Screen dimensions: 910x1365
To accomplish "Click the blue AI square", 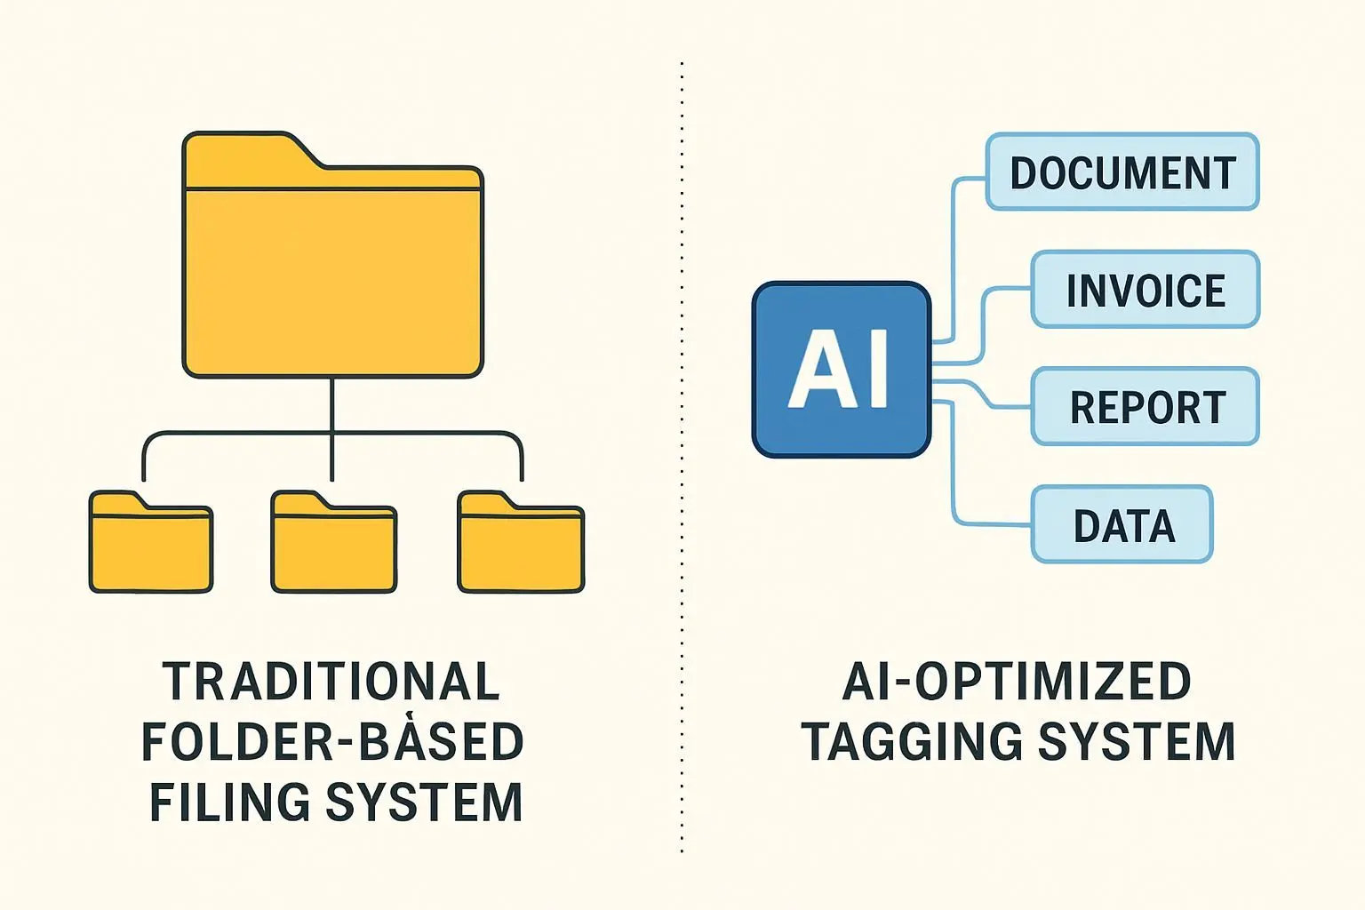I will tap(841, 370).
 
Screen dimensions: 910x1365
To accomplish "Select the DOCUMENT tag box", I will tap(1122, 172).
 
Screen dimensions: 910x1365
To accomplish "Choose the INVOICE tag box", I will tap(1145, 290).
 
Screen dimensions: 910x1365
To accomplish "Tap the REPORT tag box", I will tap(1145, 407).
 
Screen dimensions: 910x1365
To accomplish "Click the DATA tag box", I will tap(1122, 525).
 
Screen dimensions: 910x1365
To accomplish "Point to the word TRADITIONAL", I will tap(331, 682).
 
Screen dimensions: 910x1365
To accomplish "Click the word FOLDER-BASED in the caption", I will tap(332, 742).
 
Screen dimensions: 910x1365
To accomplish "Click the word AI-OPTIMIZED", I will tap(1017, 682).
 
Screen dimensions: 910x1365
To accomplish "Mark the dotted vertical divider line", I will tap(682, 444).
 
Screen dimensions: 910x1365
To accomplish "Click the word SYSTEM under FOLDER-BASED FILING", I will tap(424, 802).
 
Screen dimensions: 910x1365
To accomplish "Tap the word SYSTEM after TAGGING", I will tap(1137, 742).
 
